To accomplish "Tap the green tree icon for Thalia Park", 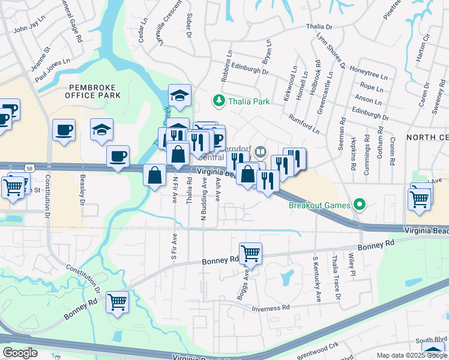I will (220, 101).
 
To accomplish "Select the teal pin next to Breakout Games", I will (359, 205).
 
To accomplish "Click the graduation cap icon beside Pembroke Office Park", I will (101, 128).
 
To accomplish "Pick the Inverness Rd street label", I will (271, 307).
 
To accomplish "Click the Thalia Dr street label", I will (319, 27).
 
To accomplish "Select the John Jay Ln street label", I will (29, 27).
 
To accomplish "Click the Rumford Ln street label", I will (304, 124).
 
